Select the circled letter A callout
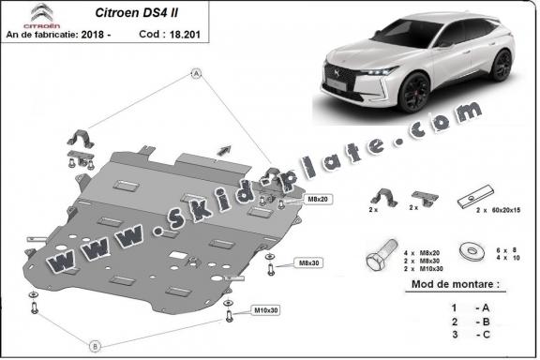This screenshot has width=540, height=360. click(197, 73)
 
